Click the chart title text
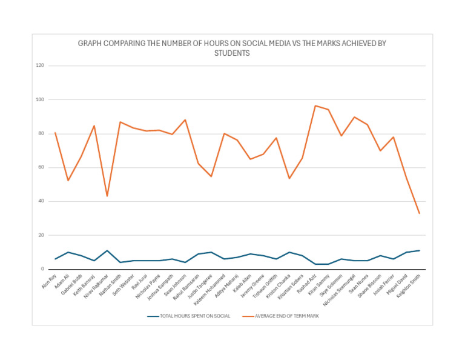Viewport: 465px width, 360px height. [232, 48]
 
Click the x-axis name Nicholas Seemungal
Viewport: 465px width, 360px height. [342, 289]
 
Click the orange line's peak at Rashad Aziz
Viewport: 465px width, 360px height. [315, 105]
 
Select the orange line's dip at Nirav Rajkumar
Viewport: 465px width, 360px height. [107, 196]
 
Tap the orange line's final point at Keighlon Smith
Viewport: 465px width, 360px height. [419, 213]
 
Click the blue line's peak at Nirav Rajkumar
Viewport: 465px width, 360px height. [107, 250]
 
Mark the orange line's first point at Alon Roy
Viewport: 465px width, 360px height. [55, 133]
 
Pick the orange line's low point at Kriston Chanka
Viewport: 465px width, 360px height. [289, 178]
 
